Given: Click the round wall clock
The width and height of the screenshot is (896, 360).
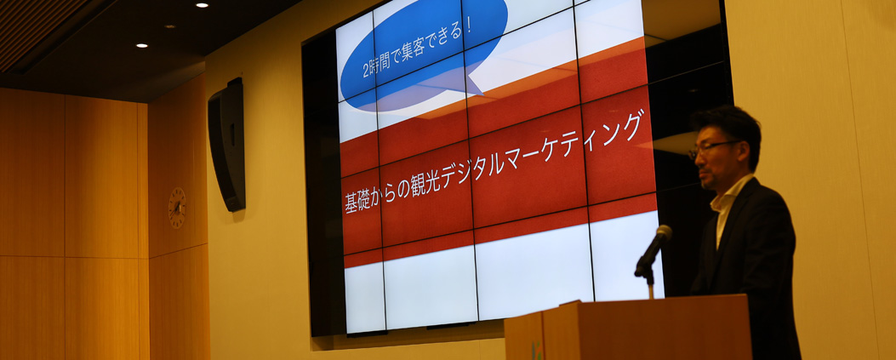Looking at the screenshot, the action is tap(177, 208).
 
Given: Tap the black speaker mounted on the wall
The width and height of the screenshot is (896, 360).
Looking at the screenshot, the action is tap(227, 145).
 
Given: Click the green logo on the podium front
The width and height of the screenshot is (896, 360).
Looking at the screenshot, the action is tap(536, 351).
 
